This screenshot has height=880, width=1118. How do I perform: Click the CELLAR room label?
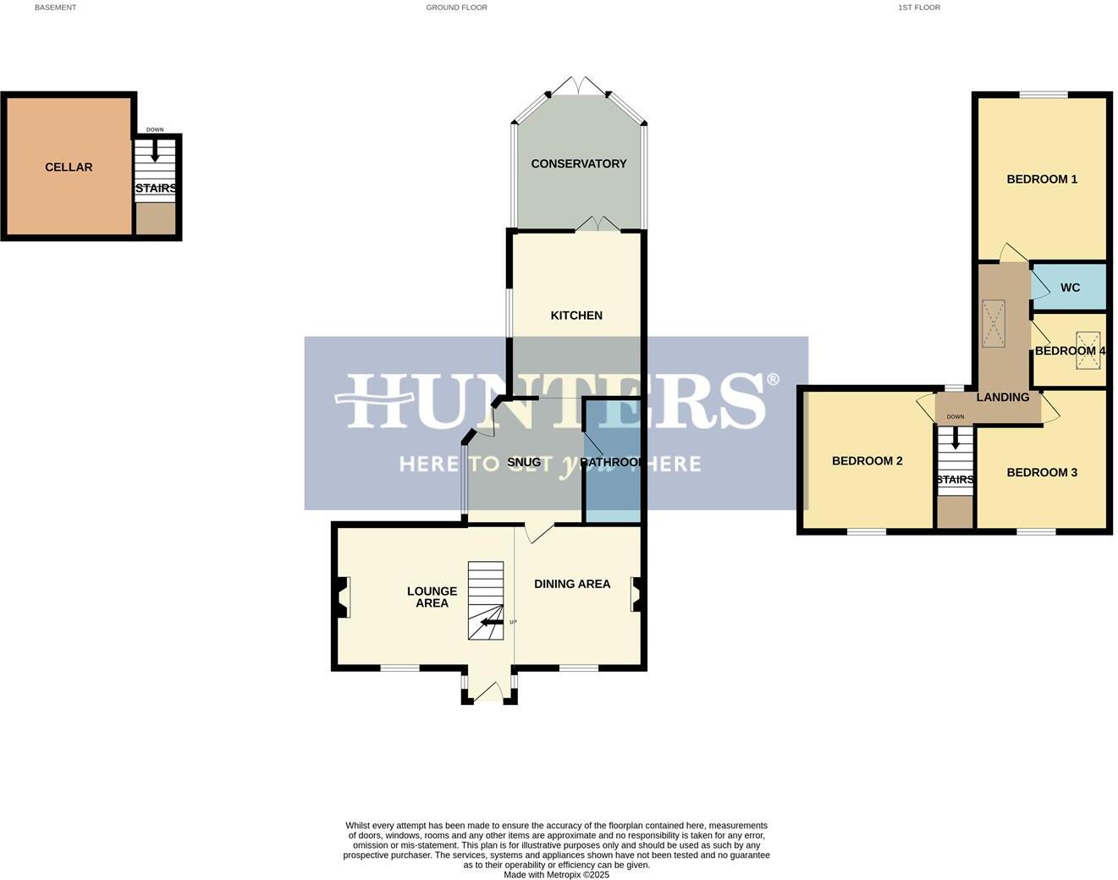click(69, 168)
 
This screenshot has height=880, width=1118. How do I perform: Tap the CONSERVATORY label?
click(578, 164)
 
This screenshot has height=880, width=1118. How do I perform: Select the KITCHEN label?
click(576, 316)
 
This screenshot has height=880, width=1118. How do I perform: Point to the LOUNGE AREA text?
click(432, 597)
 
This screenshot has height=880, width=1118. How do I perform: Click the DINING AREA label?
click(572, 584)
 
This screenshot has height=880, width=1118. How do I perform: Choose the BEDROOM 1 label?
click(1041, 179)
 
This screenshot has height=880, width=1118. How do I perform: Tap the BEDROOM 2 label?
click(867, 461)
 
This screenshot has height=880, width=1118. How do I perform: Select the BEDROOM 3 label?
click(1041, 473)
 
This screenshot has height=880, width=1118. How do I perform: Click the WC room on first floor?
click(1070, 288)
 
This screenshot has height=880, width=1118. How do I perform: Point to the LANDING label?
click(1003, 398)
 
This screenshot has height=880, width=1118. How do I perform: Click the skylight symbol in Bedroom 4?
click(1088, 351)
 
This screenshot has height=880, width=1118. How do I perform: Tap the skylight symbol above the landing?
click(994, 323)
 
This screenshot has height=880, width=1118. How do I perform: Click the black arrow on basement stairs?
click(155, 152)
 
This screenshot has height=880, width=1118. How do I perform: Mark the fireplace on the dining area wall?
click(636, 594)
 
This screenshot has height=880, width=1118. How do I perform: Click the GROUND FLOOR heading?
click(456, 8)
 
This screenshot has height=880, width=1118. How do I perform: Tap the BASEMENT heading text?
click(55, 8)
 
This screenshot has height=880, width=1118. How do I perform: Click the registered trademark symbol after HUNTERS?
click(772, 381)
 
